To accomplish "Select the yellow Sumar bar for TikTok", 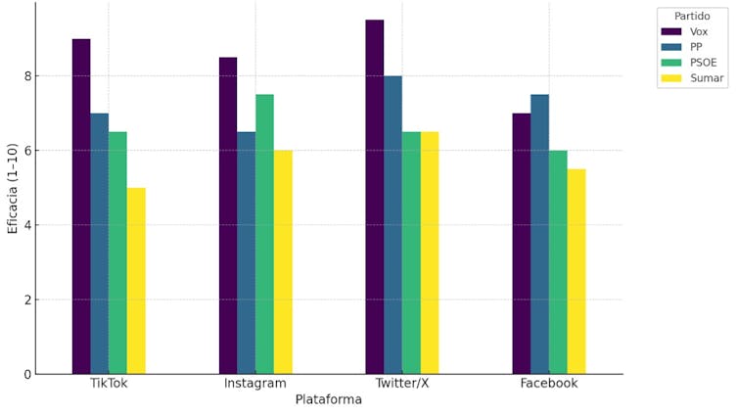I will click(136, 280).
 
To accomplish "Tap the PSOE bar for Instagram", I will click(264, 234).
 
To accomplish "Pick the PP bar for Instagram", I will click(246, 253).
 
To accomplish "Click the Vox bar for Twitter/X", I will click(375, 196).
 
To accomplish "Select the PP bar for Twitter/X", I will click(392, 224).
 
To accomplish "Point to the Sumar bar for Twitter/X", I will click(430, 253).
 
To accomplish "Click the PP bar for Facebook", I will click(539, 234).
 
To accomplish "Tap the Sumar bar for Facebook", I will click(577, 271).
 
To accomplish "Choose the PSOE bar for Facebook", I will click(558, 261).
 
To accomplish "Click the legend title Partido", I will click(692, 16).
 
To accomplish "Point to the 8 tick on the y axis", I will click(29, 76).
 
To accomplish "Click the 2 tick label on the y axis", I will click(29, 300).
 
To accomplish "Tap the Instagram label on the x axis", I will click(255, 384).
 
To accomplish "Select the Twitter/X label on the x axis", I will click(402, 384).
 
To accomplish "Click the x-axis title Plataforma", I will click(329, 399).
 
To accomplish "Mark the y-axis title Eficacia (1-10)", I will click(13, 188).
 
